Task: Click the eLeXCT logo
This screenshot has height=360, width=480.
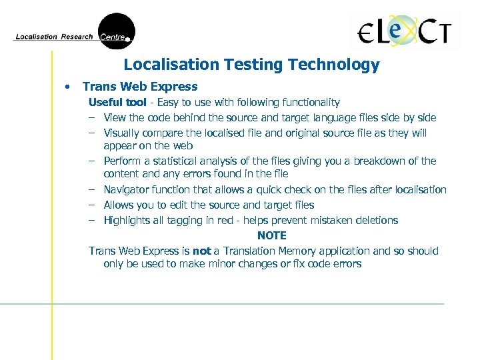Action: pyautogui.click(x=405, y=31)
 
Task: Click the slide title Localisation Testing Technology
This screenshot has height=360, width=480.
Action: pyautogui.click(x=251, y=65)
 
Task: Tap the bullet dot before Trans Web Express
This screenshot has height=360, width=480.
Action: pyautogui.click(x=67, y=87)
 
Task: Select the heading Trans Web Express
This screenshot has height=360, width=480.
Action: pyautogui.click(x=140, y=87)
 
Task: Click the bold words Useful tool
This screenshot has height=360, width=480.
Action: pyautogui.click(x=117, y=103)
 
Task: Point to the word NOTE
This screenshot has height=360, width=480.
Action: pyautogui.click(x=271, y=235)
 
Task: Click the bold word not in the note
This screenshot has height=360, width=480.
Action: pyautogui.click(x=201, y=251)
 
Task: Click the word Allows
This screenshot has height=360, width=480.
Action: pyautogui.click(x=119, y=205)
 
